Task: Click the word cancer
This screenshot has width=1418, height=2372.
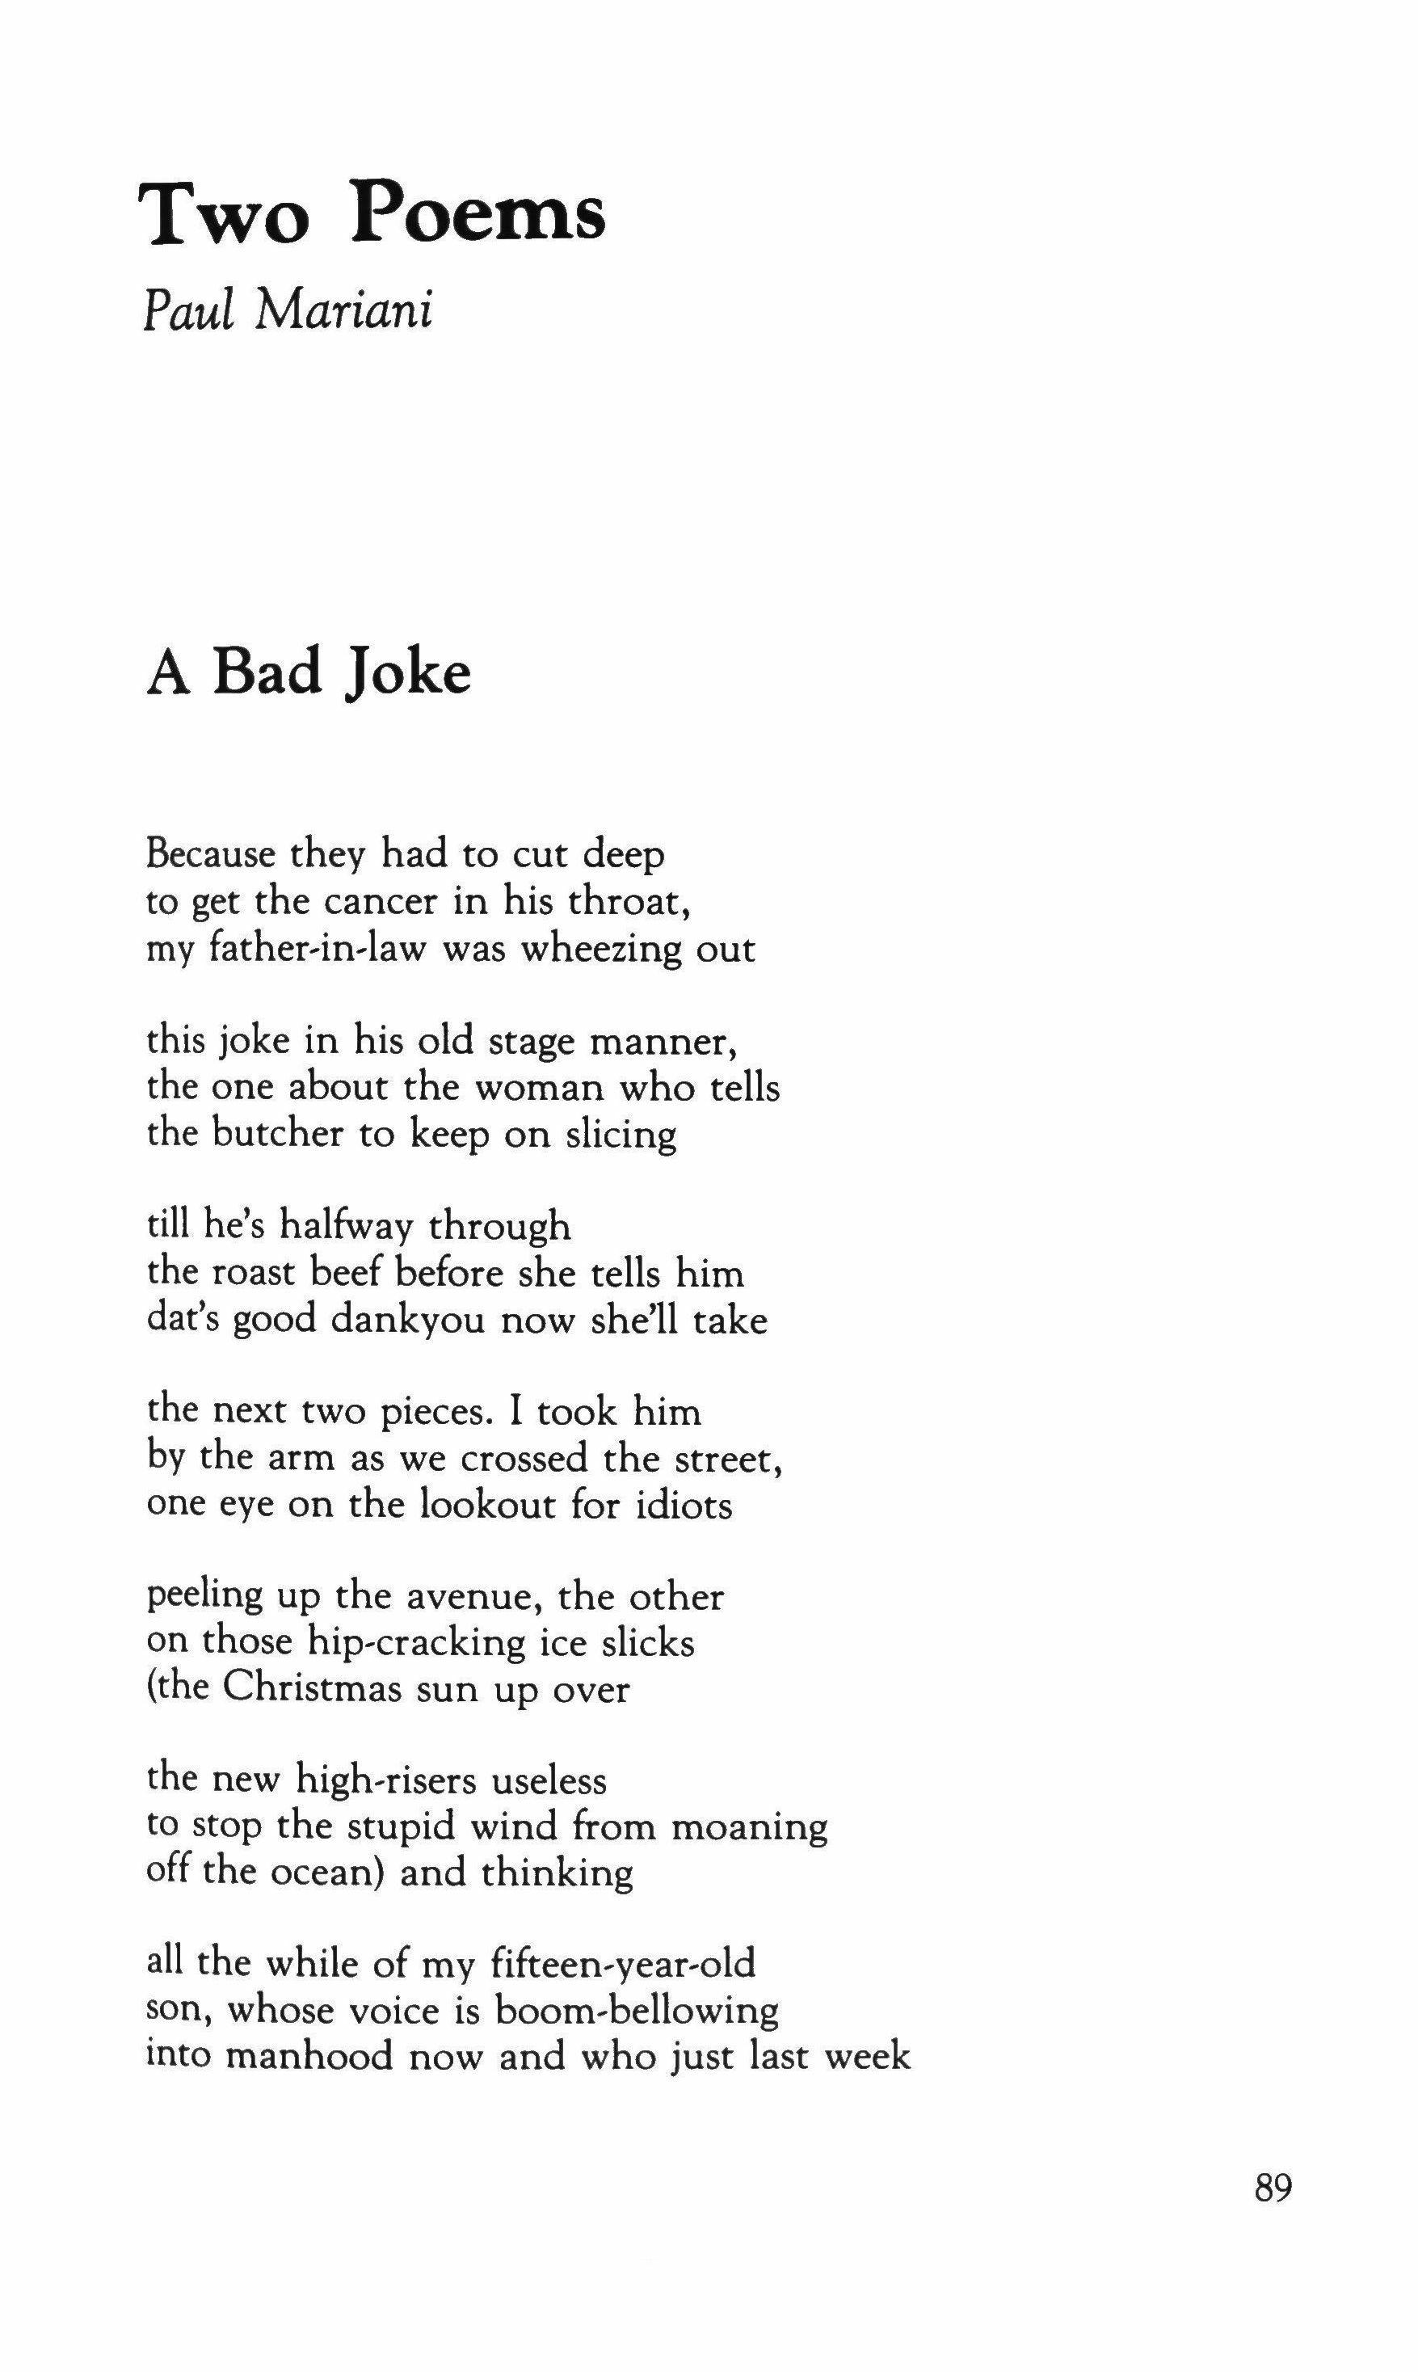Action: (378, 901)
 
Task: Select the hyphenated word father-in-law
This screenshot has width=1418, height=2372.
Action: (284, 949)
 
